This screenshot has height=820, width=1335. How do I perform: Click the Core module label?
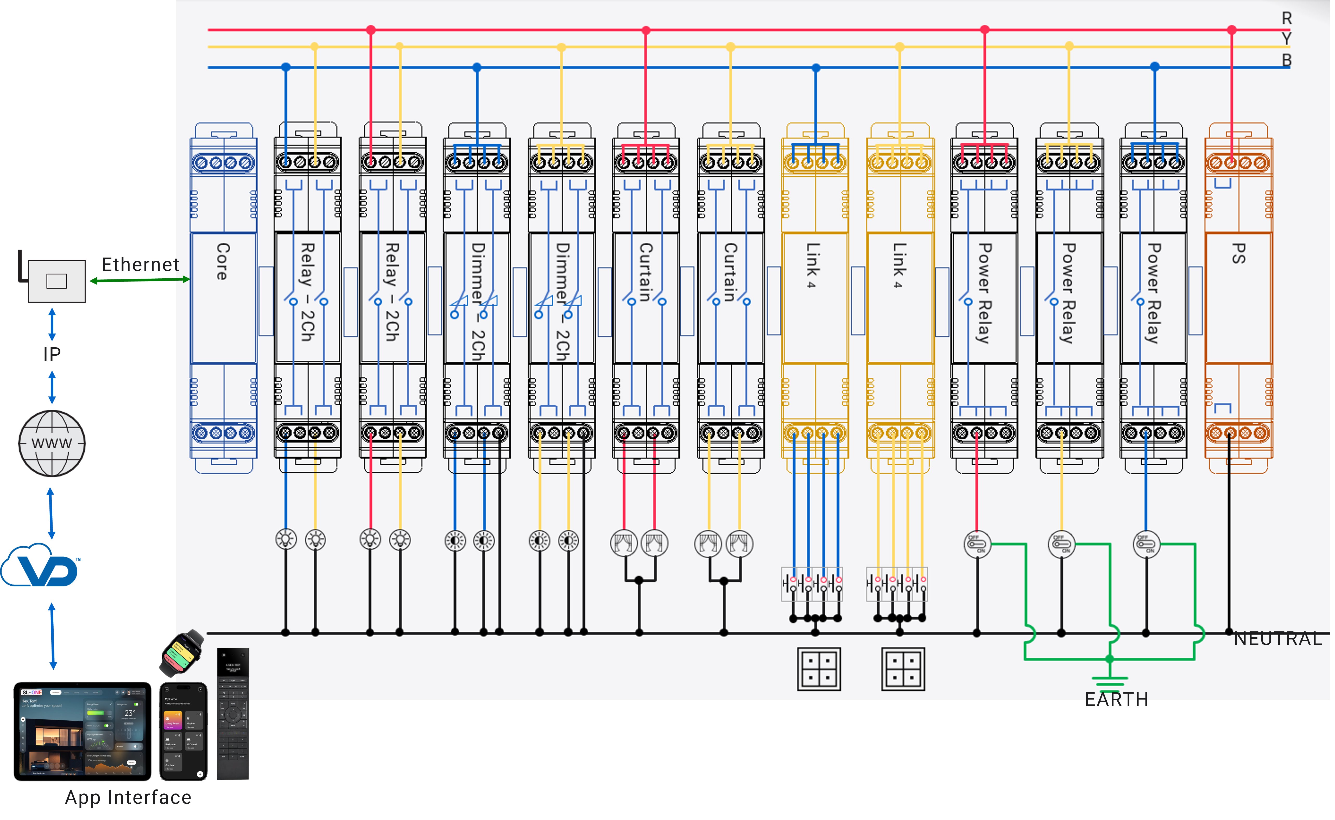pos(222,261)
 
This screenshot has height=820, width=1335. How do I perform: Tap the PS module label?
pos(1238,253)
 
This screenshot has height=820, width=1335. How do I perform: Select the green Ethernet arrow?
pos(140,280)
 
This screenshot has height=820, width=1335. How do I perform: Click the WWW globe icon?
pos(52,443)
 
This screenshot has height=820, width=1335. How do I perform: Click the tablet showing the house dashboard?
pos(83,731)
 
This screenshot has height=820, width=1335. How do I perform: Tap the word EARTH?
pos(1116,699)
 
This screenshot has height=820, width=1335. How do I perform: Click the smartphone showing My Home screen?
pos(183,731)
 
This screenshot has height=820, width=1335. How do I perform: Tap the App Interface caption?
pos(128,797)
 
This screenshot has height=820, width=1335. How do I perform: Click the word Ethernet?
pos(140,265)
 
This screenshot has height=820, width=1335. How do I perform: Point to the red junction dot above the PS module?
pos(1232,30)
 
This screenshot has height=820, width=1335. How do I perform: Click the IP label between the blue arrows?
pos(52,354)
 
